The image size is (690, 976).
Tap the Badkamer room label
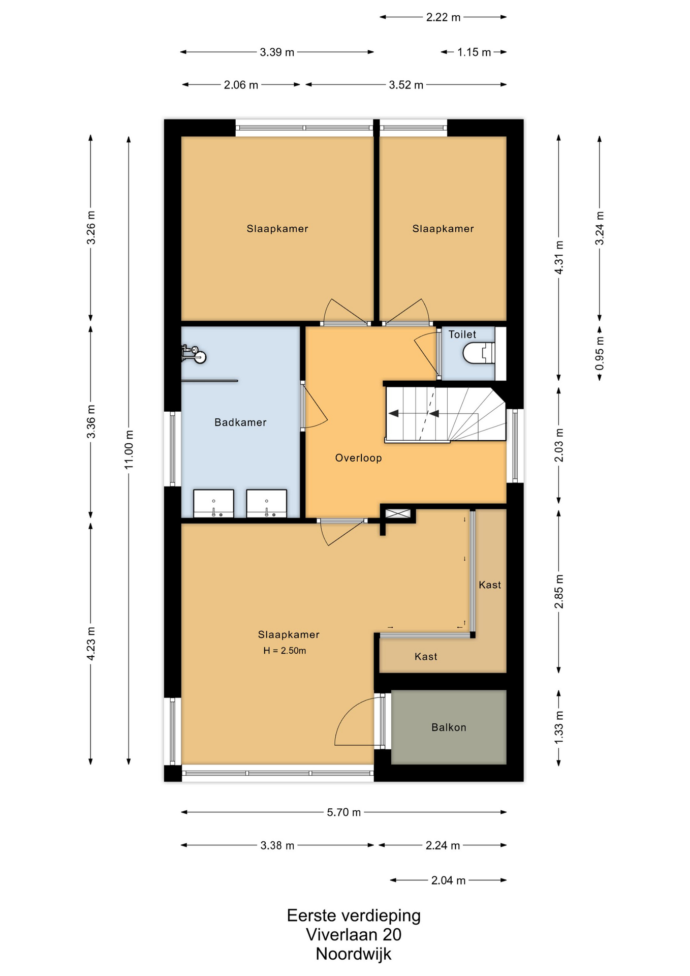tap(240, 422)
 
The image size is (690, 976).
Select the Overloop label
tap(358, 458)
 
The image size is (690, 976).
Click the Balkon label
tap(449, 727)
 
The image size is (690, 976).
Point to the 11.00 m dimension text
tap(129, 450)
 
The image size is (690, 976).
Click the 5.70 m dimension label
tap(344, 812)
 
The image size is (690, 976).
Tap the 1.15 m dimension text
tap(474, 52)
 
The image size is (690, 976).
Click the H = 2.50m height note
tap(285, 651)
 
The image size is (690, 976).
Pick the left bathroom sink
tap(214, 503)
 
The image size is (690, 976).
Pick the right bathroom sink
tap(267, 503)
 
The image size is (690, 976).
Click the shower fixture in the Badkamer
tap(194, 354)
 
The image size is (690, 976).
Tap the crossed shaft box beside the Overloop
tap(398, 514)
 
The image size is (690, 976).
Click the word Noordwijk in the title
tap(354, 954)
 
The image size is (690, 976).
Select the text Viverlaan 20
tap(354, 934)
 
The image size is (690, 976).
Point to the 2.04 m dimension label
tap(449, 880)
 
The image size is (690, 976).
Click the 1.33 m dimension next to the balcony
tap(559, 727)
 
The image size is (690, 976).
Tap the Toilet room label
tap(462, 334)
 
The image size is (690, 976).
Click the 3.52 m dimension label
tap(406, 85)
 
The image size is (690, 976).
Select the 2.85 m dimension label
tap(559, 591)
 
